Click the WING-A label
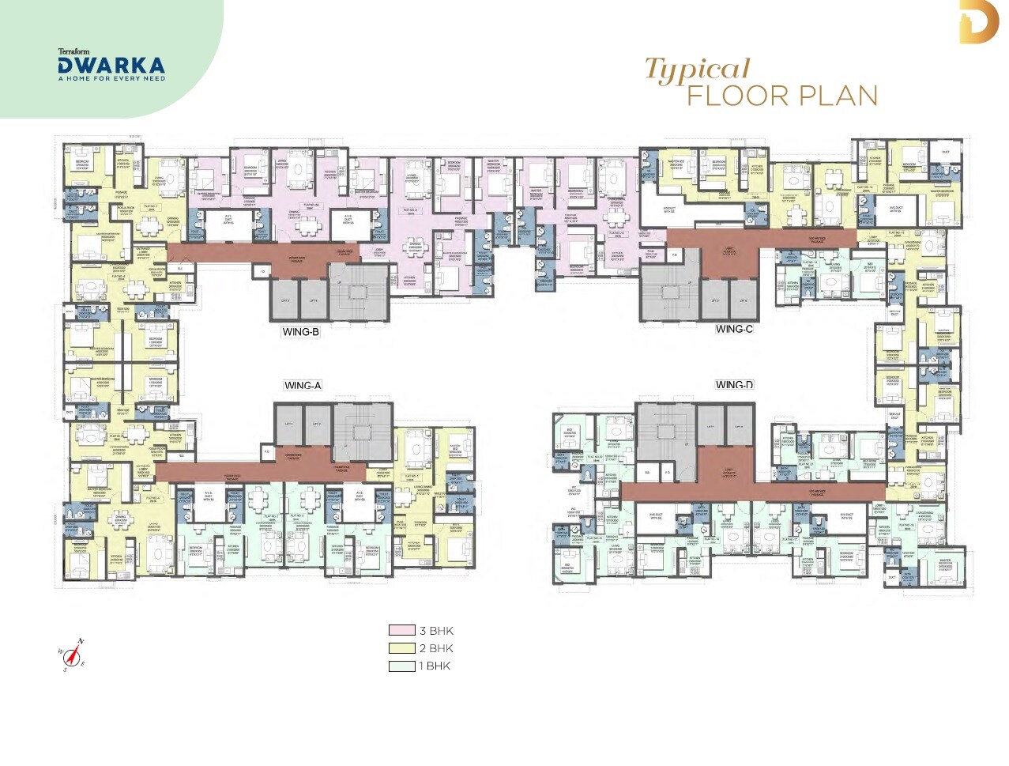[x=303, y=386]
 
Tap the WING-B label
[x=300, y=332]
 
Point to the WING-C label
[x=734, y=329]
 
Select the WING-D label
[x=734, y=385]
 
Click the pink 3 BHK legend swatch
[x=401, y=631]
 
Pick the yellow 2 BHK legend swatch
[x=401, y=648]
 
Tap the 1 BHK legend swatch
[x=401, y=666]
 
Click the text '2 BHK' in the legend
[x=436, y=648]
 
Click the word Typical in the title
[x=697, y=70]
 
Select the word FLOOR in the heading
[x=738, y=96]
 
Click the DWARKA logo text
[x=111, y=65]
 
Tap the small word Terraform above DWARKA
[x=73, y=51]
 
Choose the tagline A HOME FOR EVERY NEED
[x=111, y=78]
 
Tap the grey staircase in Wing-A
[x=362, y=432]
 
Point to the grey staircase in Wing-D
[x=665, y=432]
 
